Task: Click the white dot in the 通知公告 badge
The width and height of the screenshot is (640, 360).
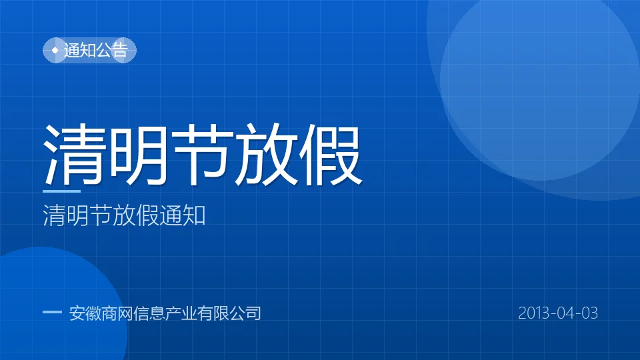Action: coord(55,50)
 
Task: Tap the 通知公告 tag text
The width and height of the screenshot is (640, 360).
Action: coord(96,50)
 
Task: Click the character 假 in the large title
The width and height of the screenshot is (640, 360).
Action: coord(330,154)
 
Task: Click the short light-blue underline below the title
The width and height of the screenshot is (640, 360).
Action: coord(61,191)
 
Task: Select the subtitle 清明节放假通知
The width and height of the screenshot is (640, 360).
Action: coord(124,215)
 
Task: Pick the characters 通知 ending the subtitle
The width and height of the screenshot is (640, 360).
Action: coord(183,215)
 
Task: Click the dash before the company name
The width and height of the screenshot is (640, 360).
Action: coord(52,312)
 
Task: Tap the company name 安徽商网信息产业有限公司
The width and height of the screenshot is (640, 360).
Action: coord(165,313)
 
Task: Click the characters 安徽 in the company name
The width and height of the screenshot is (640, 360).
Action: coord(85,313)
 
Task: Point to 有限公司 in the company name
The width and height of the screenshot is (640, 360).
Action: coord(229,313)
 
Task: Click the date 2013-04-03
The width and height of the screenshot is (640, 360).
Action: coord(558,313)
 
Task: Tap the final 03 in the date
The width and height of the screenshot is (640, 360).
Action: coord(589,313)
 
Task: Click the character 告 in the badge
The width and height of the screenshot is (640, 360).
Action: coord(120,50)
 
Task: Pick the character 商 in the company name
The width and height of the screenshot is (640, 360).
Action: coord(109,313)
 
